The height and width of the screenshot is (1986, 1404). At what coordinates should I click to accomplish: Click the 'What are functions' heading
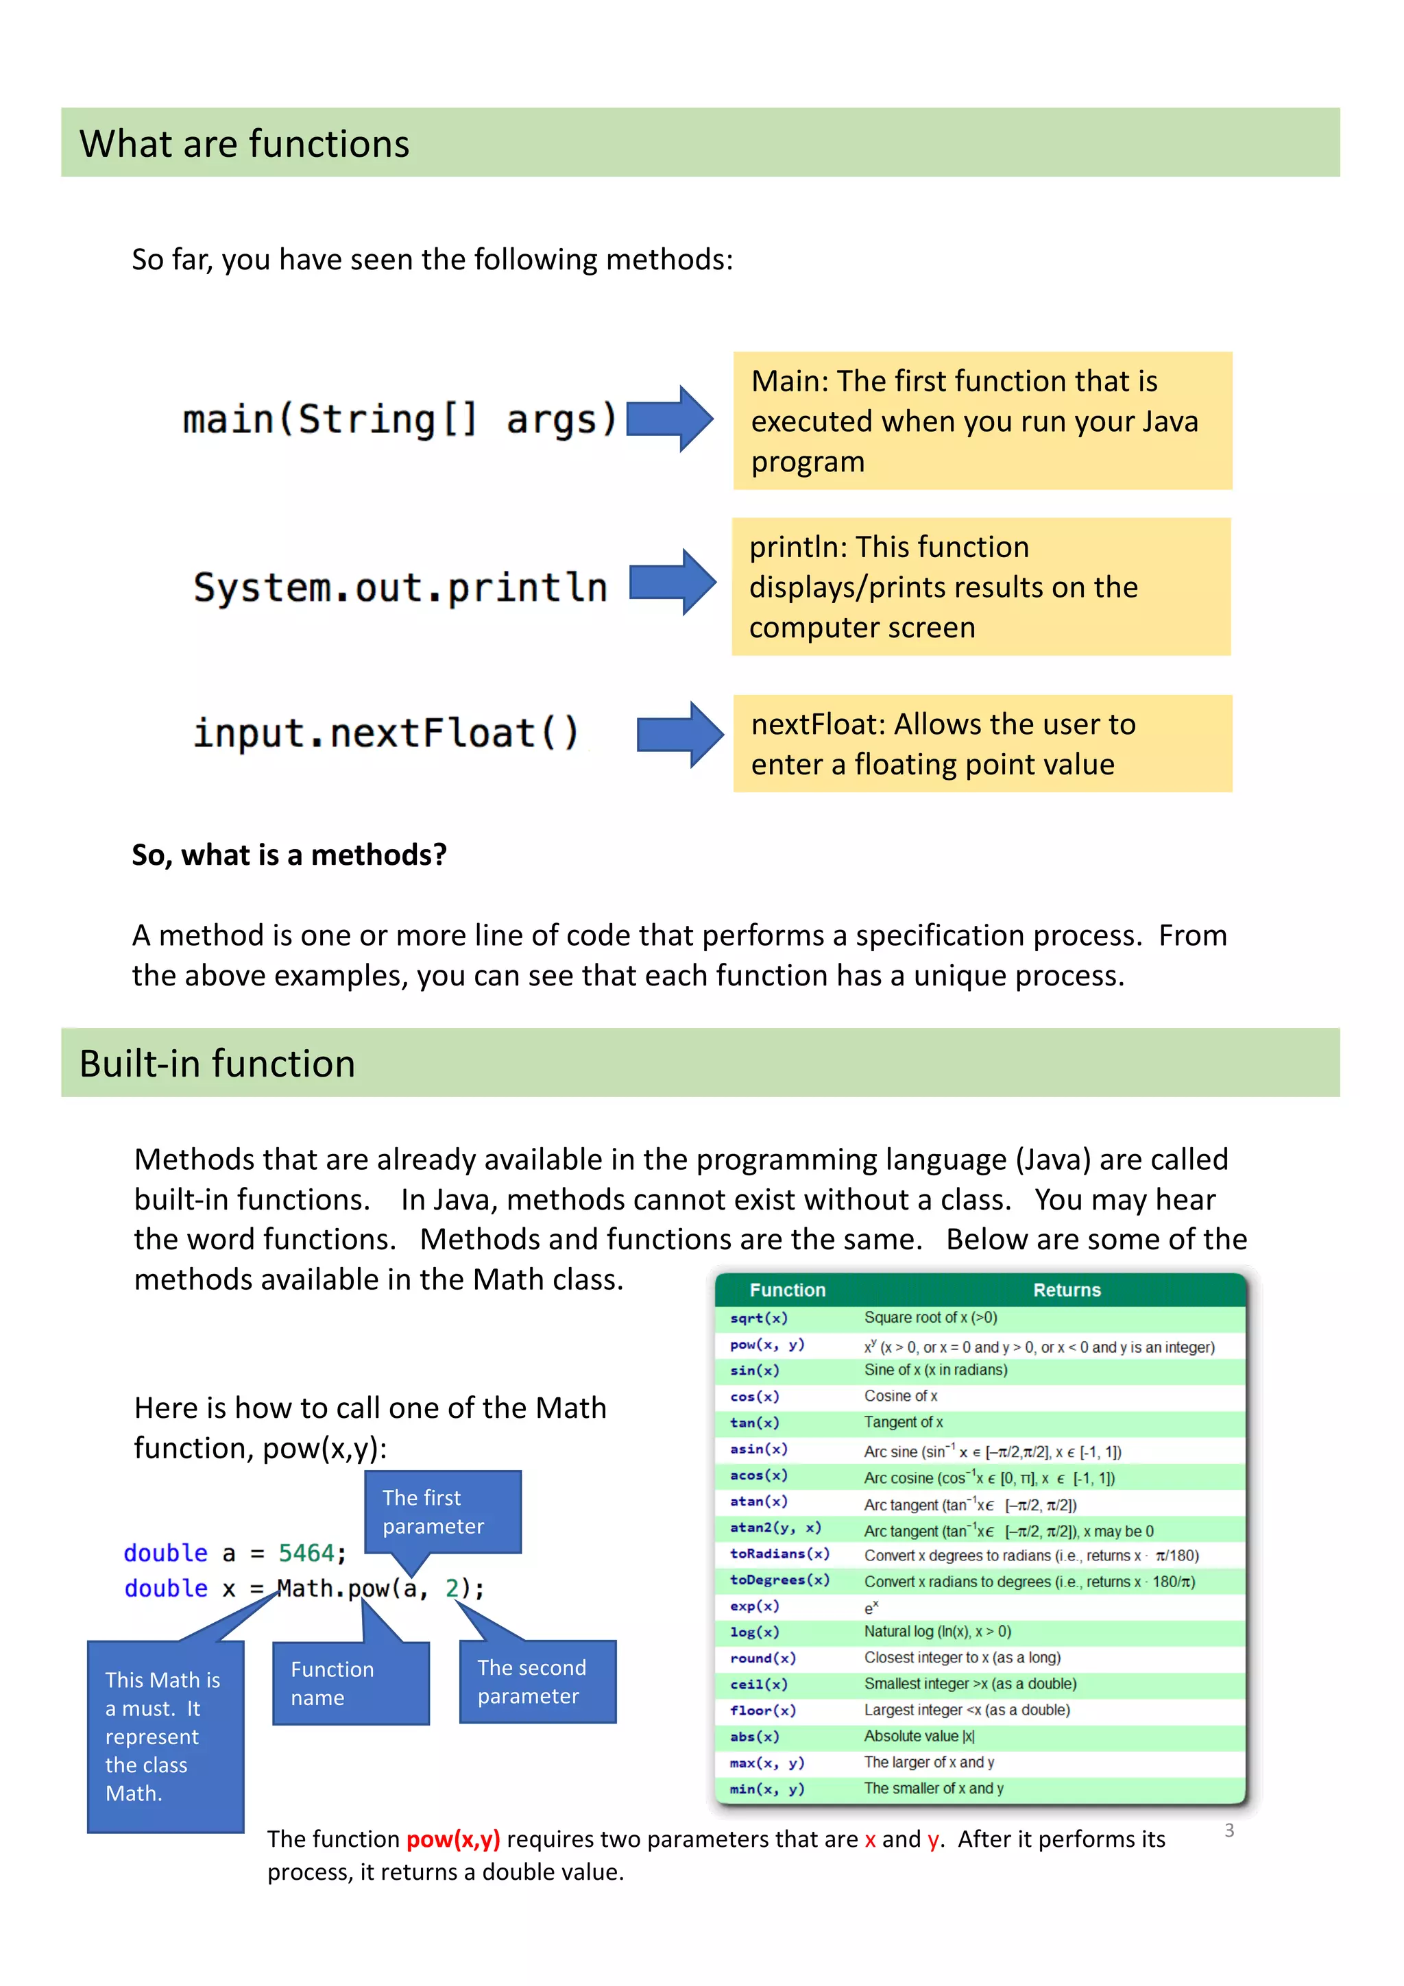244,144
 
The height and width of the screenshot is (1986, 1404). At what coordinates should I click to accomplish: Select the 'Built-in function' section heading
217,1063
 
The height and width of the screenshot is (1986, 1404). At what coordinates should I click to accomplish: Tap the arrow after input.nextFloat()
679,735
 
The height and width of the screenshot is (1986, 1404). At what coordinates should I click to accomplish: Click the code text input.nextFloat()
386,733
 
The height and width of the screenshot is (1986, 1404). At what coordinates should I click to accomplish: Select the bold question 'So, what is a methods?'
289,855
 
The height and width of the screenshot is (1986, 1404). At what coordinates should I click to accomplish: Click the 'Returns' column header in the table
1066,1290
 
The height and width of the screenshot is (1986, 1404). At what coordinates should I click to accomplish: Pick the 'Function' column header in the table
786,1290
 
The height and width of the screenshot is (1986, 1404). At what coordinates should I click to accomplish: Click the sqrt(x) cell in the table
759,1319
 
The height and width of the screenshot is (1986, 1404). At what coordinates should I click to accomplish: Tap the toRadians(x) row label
779,1554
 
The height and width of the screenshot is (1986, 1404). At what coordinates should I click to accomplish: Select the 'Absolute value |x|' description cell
919,1736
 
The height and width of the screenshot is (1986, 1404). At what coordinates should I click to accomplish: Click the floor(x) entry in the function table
762,1710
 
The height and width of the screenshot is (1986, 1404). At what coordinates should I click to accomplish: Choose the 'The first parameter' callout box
442,1512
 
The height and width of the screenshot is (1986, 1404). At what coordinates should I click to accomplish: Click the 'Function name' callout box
350,1683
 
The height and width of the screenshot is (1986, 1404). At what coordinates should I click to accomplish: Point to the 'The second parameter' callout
537,1682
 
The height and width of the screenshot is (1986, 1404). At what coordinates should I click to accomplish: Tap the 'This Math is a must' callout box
165,1736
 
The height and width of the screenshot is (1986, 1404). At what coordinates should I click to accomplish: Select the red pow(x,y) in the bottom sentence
452,1839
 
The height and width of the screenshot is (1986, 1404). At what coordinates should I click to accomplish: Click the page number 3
1228,1830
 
